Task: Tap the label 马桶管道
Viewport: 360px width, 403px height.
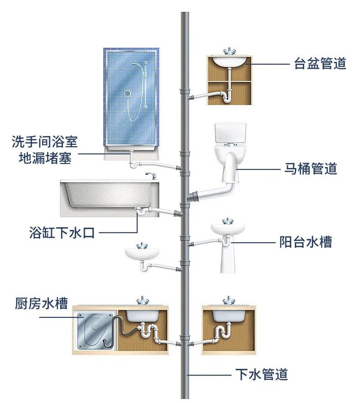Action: point(310,168)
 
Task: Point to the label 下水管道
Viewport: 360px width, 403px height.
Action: point(260,374)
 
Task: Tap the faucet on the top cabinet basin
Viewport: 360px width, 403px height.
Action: point(229,52)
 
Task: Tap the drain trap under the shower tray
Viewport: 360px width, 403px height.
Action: point(133,163)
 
